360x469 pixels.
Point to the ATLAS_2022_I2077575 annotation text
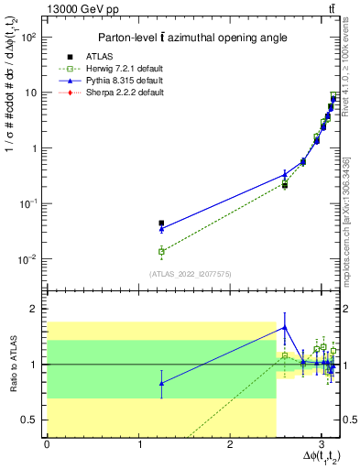191,274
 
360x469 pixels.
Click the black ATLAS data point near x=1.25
161,223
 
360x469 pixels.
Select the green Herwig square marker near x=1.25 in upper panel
161,251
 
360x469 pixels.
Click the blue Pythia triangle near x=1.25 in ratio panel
161,383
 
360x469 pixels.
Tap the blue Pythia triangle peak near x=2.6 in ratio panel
285,327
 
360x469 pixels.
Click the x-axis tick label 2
230,444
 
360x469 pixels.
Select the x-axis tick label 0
47,444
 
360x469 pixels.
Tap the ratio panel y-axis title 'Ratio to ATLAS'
11,365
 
